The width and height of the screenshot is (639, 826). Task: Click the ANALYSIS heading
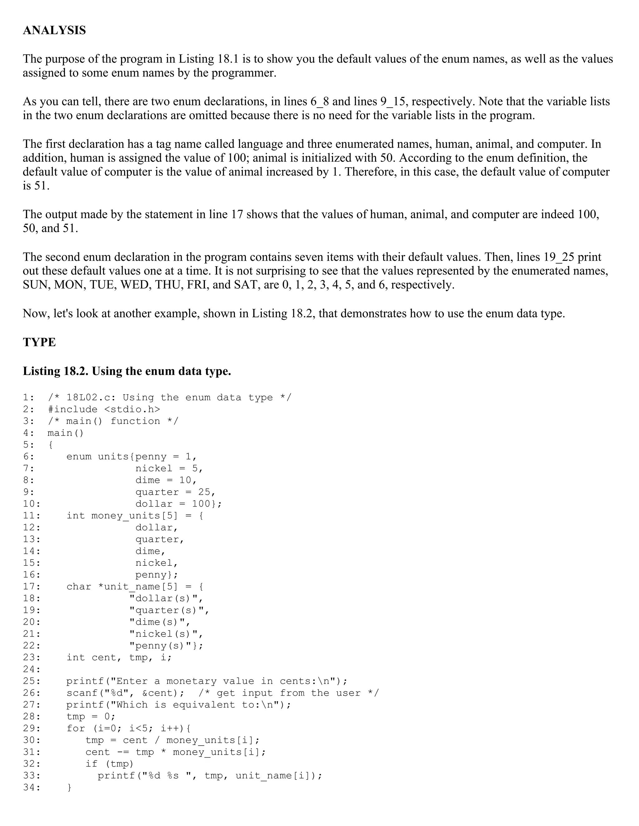point(55,30)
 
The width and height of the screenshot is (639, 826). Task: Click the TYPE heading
point(39,342)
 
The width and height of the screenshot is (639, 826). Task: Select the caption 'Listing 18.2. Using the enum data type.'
point(127,371)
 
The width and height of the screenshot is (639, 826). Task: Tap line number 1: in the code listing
point(29,397)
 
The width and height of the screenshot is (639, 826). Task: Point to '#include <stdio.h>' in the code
point(104,409)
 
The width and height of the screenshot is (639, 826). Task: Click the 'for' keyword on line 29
point(76,728)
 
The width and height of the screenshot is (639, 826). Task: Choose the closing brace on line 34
point(69,787)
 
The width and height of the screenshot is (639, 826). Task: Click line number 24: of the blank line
point(32,670)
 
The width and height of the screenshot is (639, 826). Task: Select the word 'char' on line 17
point(79,587)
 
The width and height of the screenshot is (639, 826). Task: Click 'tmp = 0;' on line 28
point(91,717)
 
